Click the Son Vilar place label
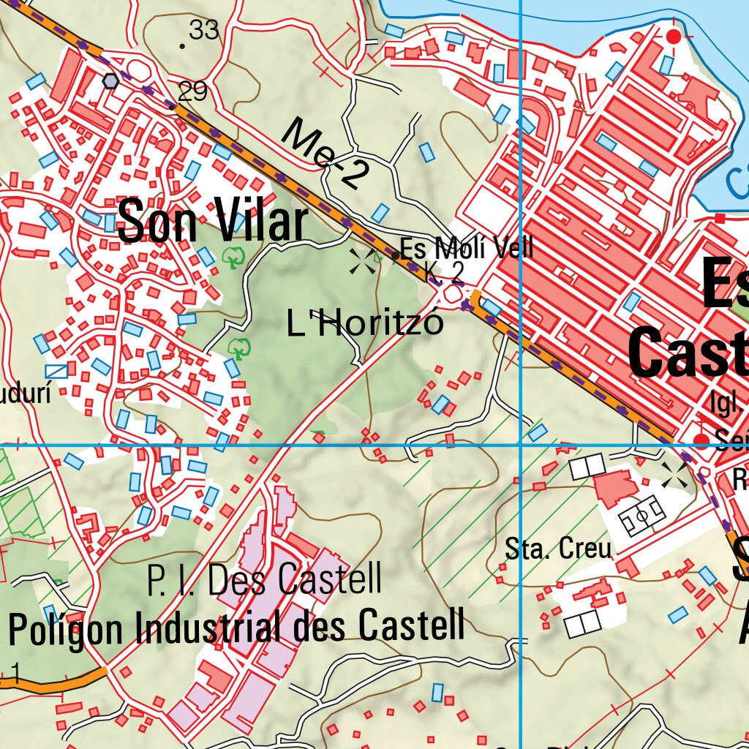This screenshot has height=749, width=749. point(212,222)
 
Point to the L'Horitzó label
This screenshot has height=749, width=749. point(365,323)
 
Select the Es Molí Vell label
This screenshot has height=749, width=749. point(466,249)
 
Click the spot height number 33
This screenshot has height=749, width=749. point(203,30)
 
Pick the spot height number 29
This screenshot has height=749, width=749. point(192,91)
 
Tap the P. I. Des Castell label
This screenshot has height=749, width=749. point(264,580)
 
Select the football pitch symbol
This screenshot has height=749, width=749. point(643,516)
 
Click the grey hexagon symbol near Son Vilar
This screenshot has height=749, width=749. point(110,80)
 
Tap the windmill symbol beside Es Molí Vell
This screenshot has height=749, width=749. point(363,260)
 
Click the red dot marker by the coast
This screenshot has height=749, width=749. point(674,36)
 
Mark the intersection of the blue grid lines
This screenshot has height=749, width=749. point(520,444)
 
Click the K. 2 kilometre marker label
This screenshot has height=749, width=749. point(445,273)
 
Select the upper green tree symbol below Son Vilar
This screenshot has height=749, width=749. point(234,257)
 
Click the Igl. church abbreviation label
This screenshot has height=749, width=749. point(726,402)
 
